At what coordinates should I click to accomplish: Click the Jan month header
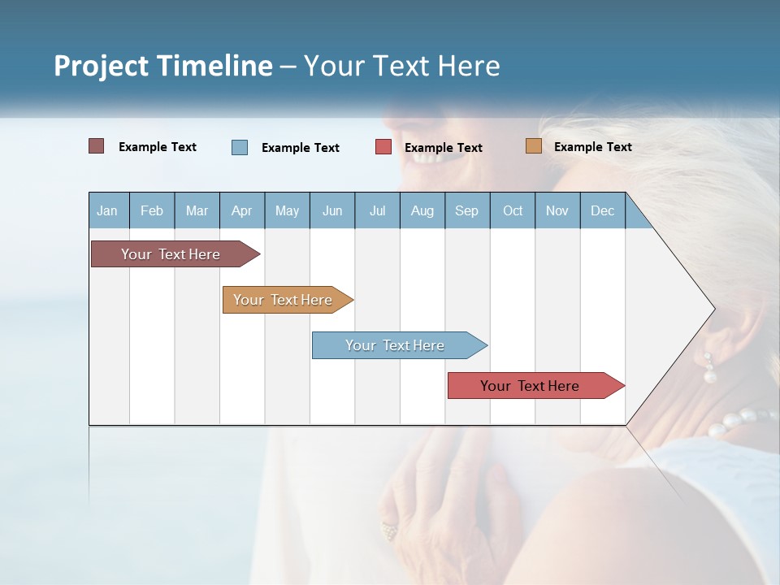click(107, 211)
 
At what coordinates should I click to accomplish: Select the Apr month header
click(241, 211)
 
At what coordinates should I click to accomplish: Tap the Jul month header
click(377, 211)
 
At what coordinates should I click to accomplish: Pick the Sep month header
click(466, 211)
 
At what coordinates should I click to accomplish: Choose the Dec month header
click(602, 211)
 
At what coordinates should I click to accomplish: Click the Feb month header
click(152, 211)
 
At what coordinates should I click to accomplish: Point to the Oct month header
click(513, 211)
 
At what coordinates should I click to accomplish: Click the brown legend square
click(96, 146)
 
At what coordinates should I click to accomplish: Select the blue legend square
click(240, 147)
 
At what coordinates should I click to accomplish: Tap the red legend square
click(383, 147)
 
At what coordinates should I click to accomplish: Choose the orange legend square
click(533, 146)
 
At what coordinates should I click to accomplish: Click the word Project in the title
click(102, 66)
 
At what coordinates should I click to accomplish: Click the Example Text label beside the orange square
click(592, 147)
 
